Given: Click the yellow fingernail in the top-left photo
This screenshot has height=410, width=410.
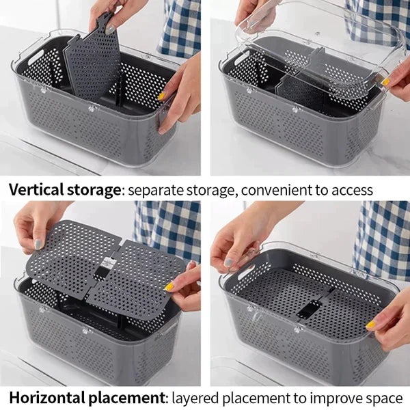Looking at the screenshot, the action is tap(161, 96).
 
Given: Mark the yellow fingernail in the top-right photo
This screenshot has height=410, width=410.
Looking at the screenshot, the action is tap(385, 82).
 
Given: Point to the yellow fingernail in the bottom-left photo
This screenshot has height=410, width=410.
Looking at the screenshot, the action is tap(169, 287).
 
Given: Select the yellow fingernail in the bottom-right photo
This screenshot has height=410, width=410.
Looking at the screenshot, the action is tap(370, 325).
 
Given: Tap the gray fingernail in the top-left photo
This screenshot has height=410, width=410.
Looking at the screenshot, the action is tap(110, 29).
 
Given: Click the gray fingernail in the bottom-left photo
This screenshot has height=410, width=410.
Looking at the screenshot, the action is tap(39, 245).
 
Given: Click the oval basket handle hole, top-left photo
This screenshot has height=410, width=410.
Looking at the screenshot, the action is tap(36, 57).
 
